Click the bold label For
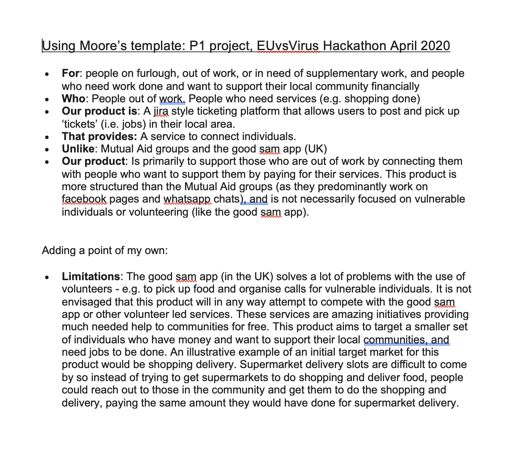tap(70, 73)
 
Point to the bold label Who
tap(73, 99)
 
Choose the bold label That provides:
tap(100, 137)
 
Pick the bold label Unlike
tap(78, 149)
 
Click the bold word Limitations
tap(91, 277)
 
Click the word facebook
tap(84, 199)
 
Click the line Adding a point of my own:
tap(105, 250)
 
